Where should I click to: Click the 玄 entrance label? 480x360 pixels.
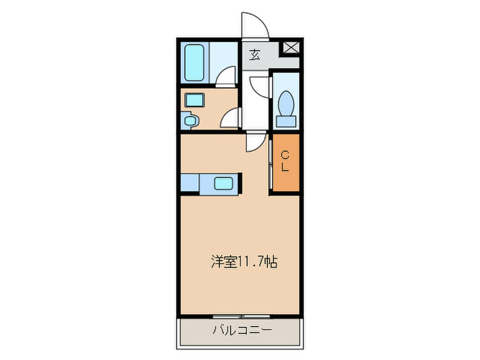click(x=254, y=54)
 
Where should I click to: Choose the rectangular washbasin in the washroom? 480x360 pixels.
click(x=195, y=100)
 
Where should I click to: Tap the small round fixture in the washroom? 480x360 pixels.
click(x=191, y=121)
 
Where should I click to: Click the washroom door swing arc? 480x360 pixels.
click(x=230, y=119)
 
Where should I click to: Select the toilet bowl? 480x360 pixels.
click(x=286, y=106)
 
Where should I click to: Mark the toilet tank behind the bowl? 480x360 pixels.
click(x=286, y=121)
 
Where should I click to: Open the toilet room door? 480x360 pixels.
click(x=261, y=86)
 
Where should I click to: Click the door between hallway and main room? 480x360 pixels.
click(x=254, y=141)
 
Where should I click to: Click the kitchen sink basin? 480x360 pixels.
click(x=224, y=183)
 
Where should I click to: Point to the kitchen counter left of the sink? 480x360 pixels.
click(x=190, y=183)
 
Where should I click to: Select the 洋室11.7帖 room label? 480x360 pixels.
click(x=243, y=261)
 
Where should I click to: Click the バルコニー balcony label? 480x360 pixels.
click(x=241, y=331)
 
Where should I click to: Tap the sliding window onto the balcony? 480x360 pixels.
click(x=240, y=316)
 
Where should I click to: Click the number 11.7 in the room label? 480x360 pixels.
click(x=251, y=261)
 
